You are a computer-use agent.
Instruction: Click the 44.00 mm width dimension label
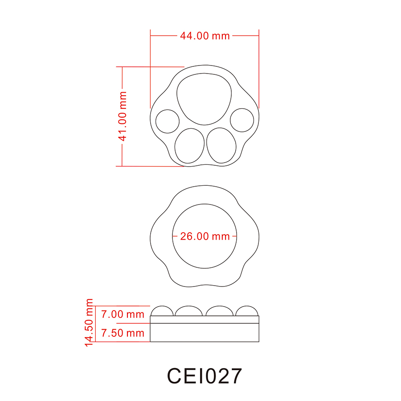(x=205, y=36)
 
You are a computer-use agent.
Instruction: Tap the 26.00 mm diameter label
(x=205, y=236)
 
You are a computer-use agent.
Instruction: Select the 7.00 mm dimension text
(x=123, y=314)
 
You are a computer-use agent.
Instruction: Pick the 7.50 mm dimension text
(x=123, y=333)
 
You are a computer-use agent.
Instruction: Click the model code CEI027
(x=205, y=376)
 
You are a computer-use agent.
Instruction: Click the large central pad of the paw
(x=205, y=99)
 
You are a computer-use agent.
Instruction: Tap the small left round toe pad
(x=167, y=121)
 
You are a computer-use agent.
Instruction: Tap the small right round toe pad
(x=242, y=120)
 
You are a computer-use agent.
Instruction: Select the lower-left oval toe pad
(x=188, y=145)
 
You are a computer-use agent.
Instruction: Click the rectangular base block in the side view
(x=205, y=332)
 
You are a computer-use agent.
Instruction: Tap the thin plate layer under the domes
(x=205, y=319)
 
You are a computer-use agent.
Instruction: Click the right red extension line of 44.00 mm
(x=259, y=71)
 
